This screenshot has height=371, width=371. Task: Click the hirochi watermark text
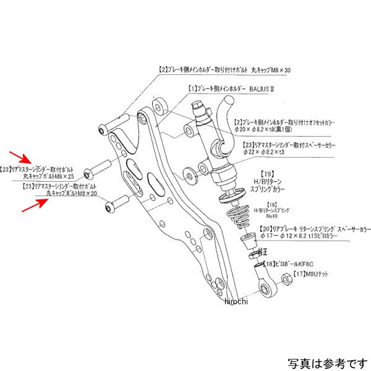[236, 301]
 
